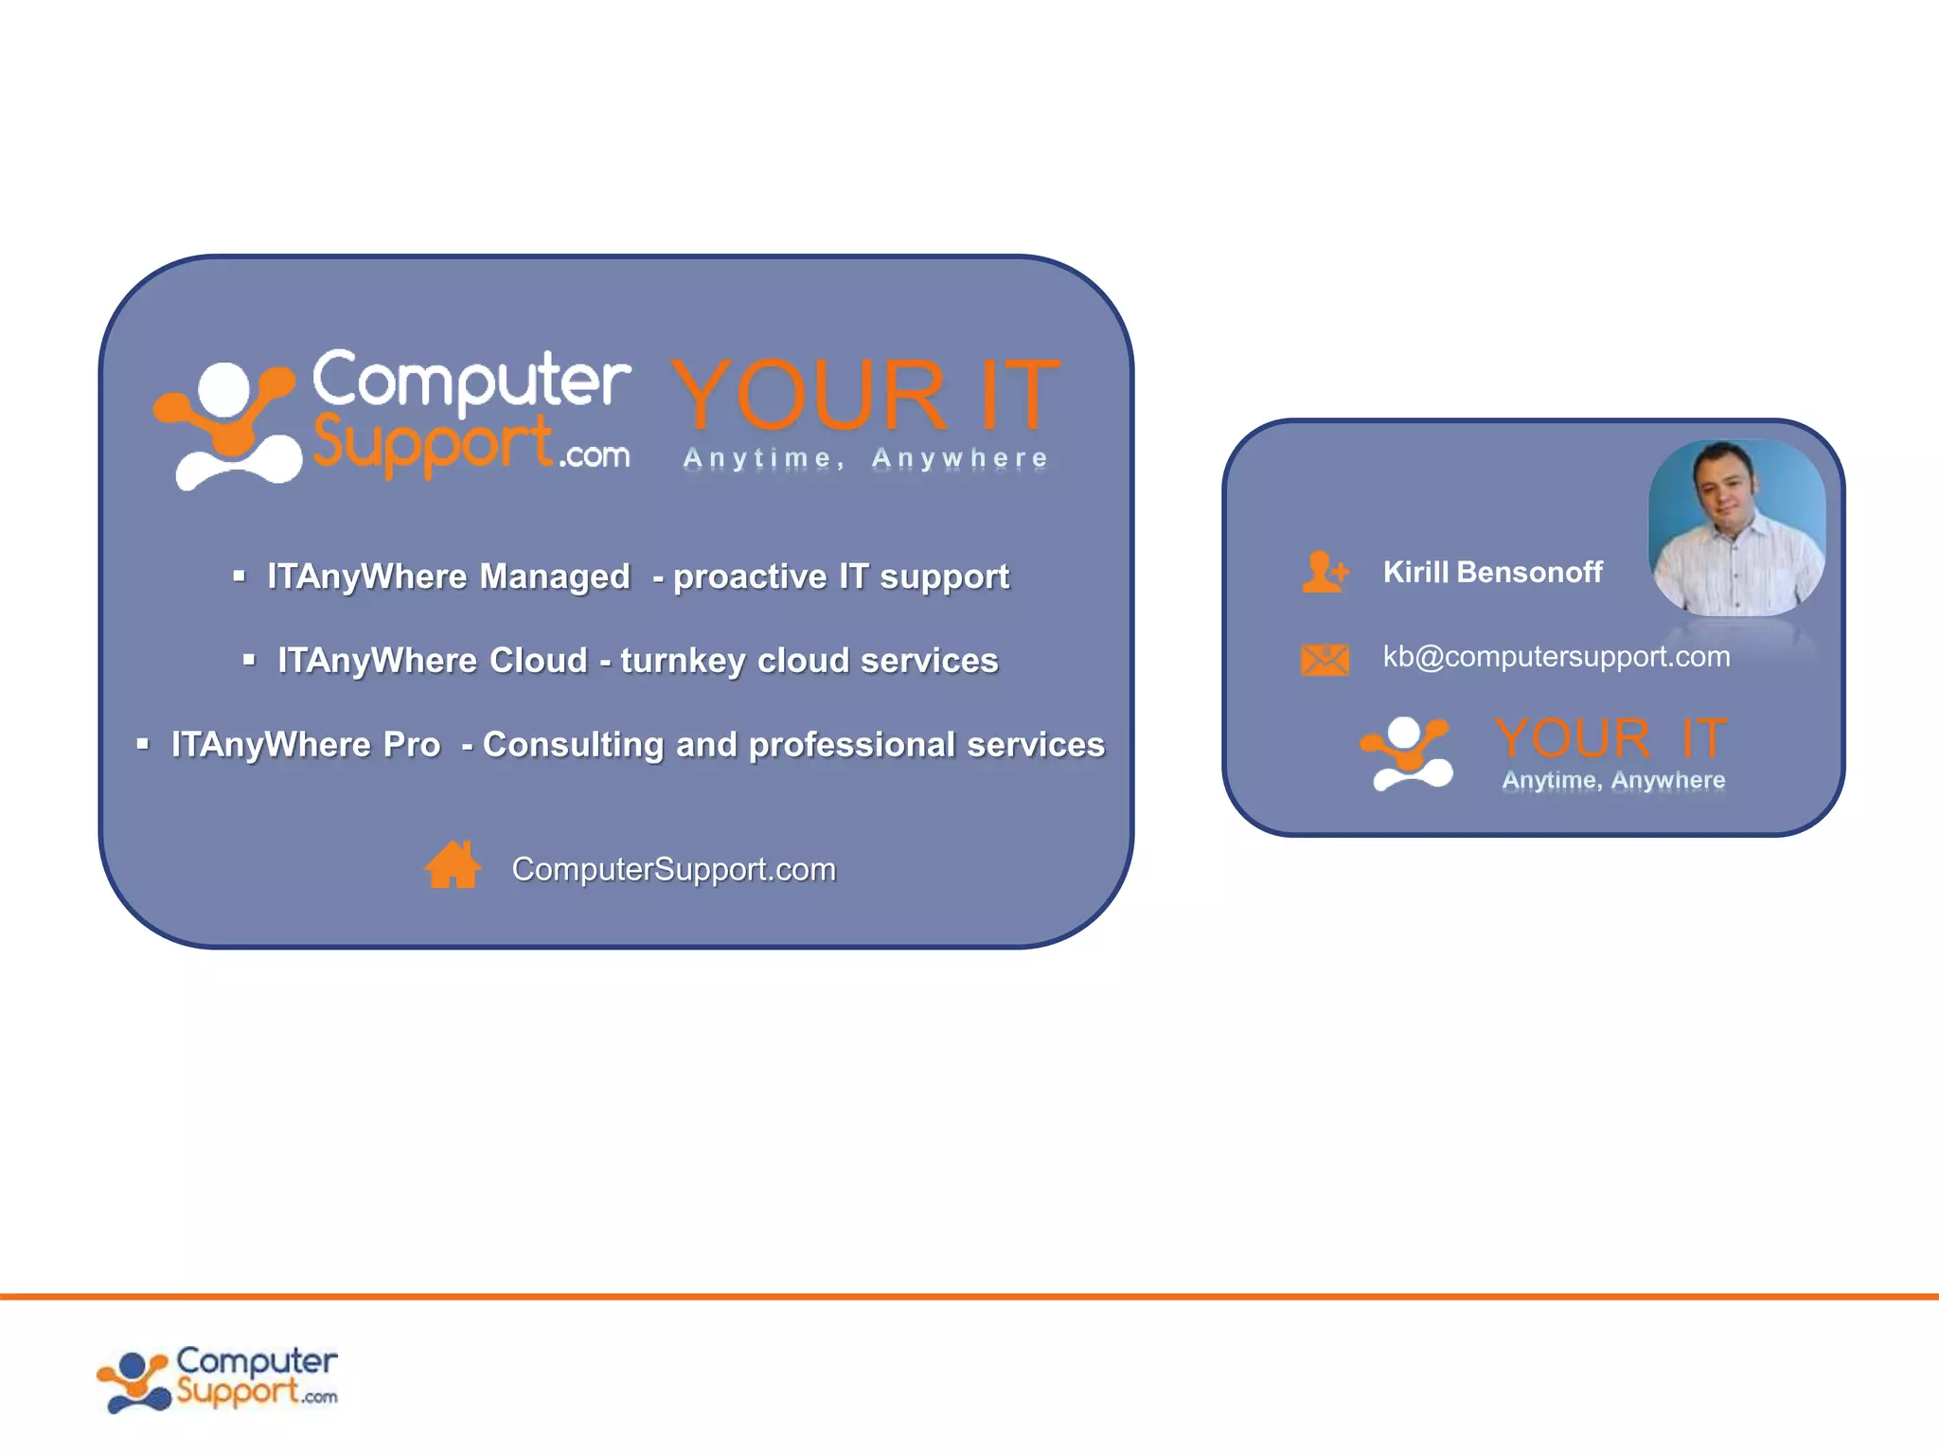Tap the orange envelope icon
pos(1325,659)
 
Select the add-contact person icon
pos(1324,572)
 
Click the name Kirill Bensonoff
pos(1492,572)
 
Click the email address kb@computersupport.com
pos(1556,656)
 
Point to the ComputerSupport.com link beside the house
pos(673,869)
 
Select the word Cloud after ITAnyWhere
pos(538,661)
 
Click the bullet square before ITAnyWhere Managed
pos(239,576)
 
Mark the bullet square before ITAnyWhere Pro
pos(143,744)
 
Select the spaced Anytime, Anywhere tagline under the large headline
pos(864,458)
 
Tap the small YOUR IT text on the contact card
pos(1610,738)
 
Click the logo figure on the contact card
pos(1407,754)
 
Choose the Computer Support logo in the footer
pos(218,1378)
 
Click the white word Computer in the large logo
pos(471,381)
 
